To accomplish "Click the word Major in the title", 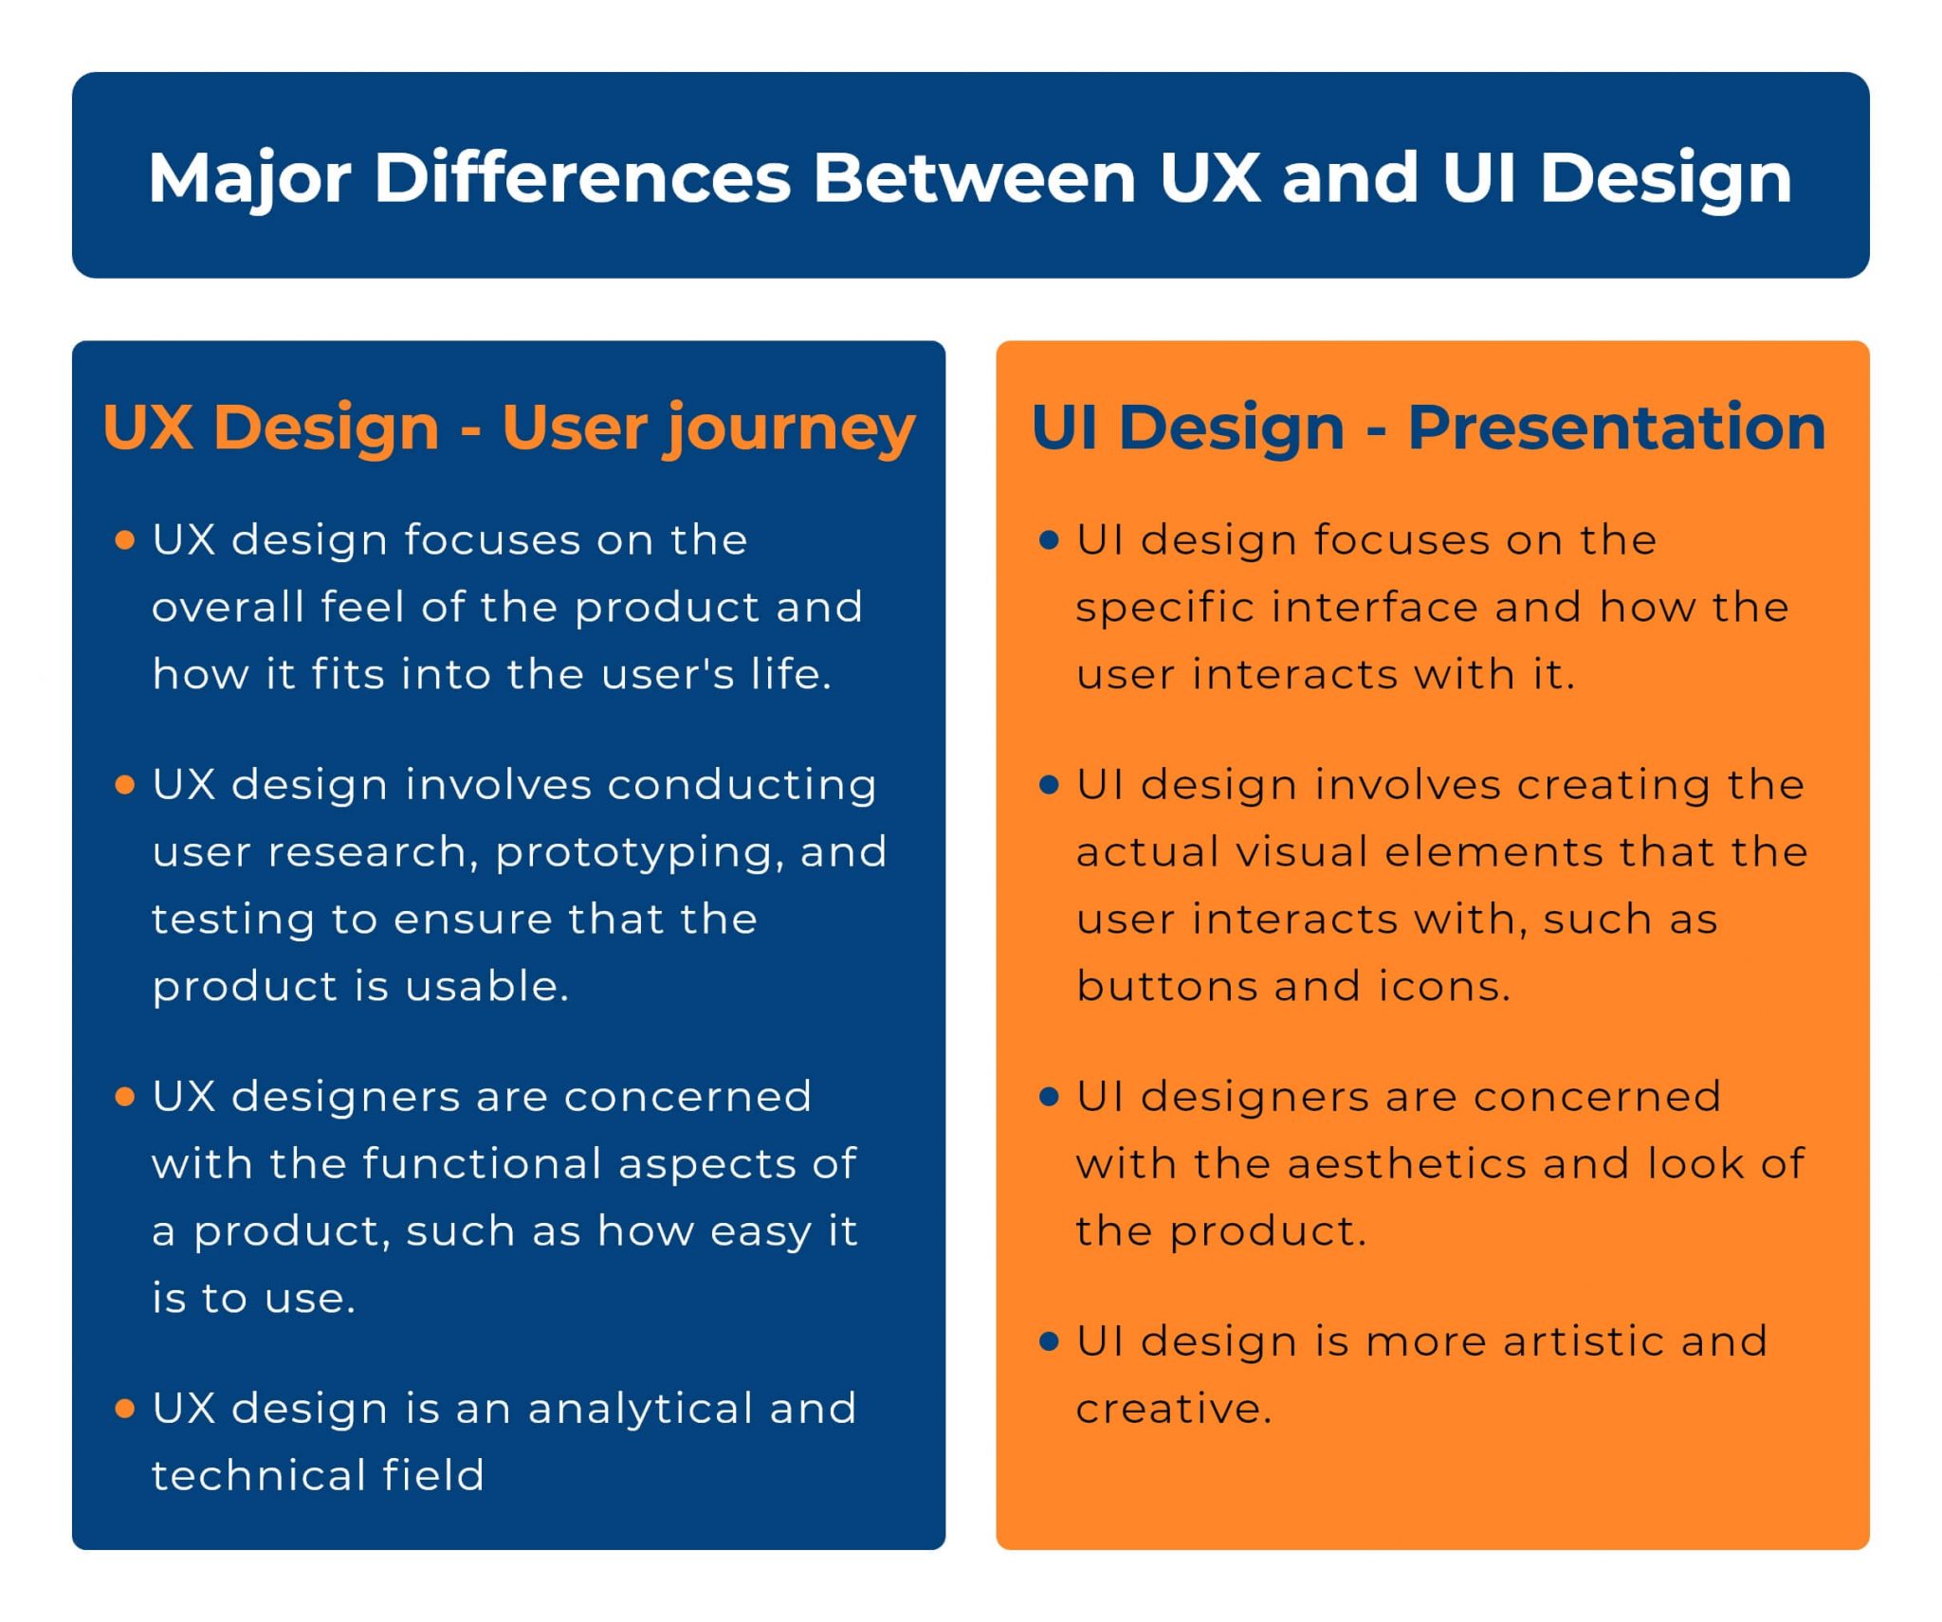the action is [x=249, y=179].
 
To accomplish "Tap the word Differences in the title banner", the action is [x=582, y=177].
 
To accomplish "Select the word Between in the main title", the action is [x=975, y=177].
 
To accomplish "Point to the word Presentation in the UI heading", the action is [x=1617, y=428].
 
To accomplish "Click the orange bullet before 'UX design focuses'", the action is [x=124, y=540].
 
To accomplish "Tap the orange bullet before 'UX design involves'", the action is [x=124, y=785].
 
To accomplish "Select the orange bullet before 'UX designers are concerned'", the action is [x=124, y=1097].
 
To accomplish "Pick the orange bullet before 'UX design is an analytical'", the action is [x=124, y=1409].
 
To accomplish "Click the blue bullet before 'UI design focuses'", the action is [x=1049, y=540].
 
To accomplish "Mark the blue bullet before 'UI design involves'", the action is [x=1049, y=785].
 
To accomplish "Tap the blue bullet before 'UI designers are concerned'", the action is [x=1049, y=1097].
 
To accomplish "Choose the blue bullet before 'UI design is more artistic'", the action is [x=1049, y=1341].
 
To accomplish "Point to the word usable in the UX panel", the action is [x=487, y=987].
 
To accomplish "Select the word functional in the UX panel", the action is [x=483, y=1164].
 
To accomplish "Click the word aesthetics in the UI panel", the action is [x=1407, y=1164].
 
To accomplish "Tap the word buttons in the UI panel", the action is [x=1167, y=987].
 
